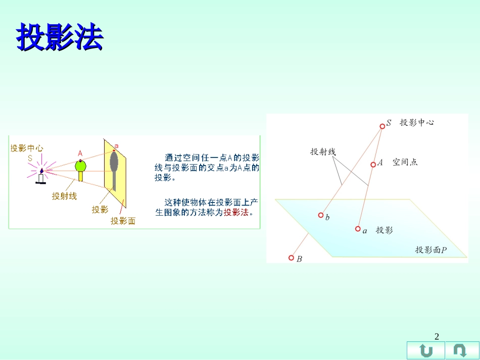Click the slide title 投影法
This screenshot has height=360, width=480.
(60, 37)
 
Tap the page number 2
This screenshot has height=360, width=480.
(437, 337)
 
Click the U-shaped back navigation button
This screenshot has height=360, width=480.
(426, 350)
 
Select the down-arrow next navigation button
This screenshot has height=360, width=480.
(460, 350)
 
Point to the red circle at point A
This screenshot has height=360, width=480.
(373, 164)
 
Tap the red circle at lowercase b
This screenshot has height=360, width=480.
(320, 215)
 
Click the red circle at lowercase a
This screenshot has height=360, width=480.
(358, 229)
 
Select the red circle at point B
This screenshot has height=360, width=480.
(291, 258)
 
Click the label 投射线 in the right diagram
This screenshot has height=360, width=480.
(323, 151)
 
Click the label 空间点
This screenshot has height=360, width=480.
(405, 162)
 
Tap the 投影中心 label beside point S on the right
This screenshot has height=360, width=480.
(417, 123)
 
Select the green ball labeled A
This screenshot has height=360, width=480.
(80, 165)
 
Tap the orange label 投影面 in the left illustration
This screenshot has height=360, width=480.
(123, 221)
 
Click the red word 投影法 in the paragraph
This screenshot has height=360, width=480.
(236, 213)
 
